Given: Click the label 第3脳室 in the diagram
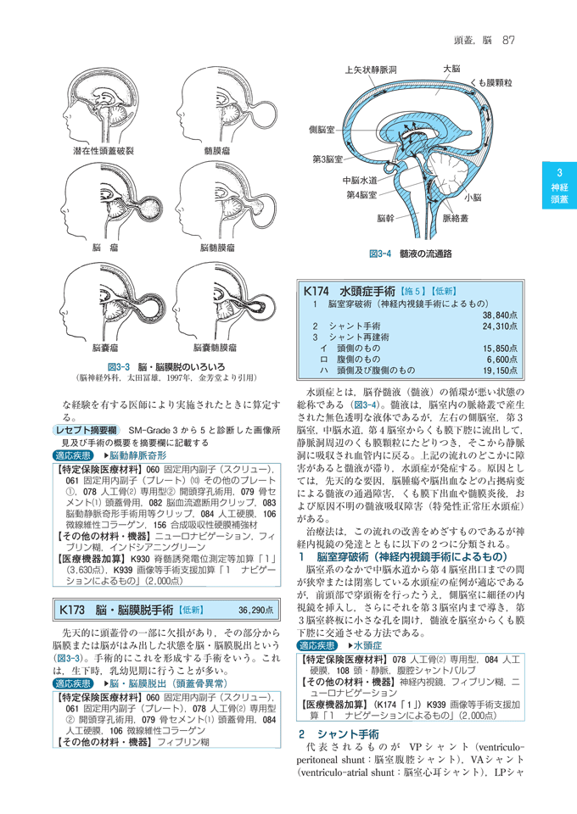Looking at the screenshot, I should coord(327,159).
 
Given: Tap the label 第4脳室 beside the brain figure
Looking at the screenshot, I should coord(362,195).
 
